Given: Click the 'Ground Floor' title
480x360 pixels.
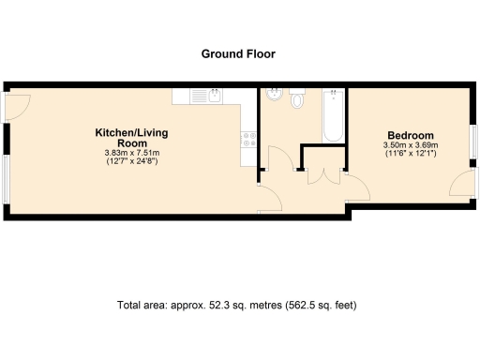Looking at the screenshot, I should click(x=239, y=53).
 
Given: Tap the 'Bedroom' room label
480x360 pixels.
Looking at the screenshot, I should click(x=411, y=133).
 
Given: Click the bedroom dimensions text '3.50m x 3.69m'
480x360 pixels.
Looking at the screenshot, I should click(x=411, y=145).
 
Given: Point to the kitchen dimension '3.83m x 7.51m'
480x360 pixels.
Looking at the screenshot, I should click(x=131, y=154).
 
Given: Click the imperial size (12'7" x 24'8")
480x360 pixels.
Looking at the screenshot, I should click(x=131, y=163).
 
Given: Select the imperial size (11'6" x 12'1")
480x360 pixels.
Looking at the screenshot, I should click(x=411, y=155).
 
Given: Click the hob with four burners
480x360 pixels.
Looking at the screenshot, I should click(x=249, y=140).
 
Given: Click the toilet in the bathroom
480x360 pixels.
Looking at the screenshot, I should click(x=298, y=97).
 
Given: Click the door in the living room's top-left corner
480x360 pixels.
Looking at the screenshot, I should click(x=17, y=106).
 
